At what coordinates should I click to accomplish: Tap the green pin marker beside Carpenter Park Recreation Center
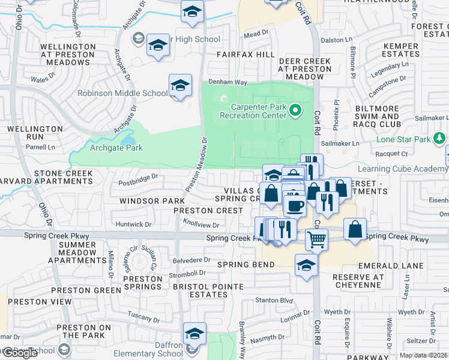pos(295,109)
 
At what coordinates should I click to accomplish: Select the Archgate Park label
pos(116,148)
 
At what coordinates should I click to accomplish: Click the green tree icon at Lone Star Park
pos(439,139)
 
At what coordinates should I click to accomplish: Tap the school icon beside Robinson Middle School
pos(180,86)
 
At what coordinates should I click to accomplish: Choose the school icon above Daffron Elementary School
pos(194,334)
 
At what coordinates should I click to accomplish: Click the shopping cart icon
pos(316,239)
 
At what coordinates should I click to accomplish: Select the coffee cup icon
pos(295,205)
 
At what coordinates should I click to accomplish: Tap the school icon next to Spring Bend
pos(306,264)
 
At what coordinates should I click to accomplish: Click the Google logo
pos(20,353)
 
